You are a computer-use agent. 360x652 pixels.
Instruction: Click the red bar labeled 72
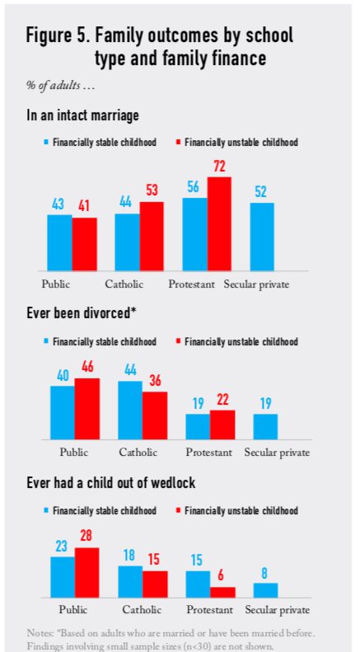[x=219, y=223]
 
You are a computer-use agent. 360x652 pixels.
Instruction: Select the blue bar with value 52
[x=262, y=237]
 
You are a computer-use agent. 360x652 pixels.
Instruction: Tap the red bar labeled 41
[x=84, y=244]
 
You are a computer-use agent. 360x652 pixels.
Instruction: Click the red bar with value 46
[x=86, y=409]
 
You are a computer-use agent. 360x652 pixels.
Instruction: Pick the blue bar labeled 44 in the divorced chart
[x=130, y=410]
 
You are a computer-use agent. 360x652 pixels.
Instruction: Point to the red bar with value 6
[x=222, y=592]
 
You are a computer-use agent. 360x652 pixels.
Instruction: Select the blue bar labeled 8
[x=265, y=590]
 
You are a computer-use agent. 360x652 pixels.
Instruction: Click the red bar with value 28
[x=86, y=573]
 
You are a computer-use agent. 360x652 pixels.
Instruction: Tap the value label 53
[x=152, y=191]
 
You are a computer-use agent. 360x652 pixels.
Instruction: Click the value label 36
[x=155, y=382]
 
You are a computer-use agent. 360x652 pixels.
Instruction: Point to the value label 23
[x=62, y=546]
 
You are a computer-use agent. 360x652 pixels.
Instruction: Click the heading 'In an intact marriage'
[x=82, y=115]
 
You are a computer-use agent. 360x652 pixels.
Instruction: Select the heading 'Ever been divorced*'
[x=82, y=313]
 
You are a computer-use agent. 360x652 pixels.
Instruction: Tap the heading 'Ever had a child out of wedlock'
[x=111, y=483]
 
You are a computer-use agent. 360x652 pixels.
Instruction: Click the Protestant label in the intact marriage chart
[x=192, y=284]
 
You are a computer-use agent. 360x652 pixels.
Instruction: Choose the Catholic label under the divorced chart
[x=138, y=452]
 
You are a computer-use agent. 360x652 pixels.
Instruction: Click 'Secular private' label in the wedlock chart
[x=278, y=610]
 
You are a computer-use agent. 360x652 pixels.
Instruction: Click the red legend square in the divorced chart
[x=178, y=342]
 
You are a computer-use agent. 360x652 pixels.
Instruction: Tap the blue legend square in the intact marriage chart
[x=47, y=143]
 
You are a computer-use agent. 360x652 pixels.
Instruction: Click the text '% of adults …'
[x=61, y=86]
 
